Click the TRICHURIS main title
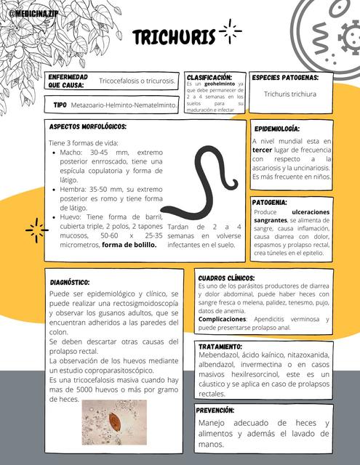click(174, 38)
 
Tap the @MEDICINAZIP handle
click(33, 13)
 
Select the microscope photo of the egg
click(114, 422)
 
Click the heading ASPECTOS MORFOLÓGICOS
click(87, 126)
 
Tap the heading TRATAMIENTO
click(220, 347)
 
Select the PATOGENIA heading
click(270, 202)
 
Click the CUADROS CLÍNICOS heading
click(226, 278)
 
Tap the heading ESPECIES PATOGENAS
click(285, 77)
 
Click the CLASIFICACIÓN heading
click(209, 76)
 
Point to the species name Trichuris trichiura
click(290, 94)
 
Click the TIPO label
click(60, 105)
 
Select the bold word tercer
click(262, 150)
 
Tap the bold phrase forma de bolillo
click(129, 245)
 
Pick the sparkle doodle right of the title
click(231, 31)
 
